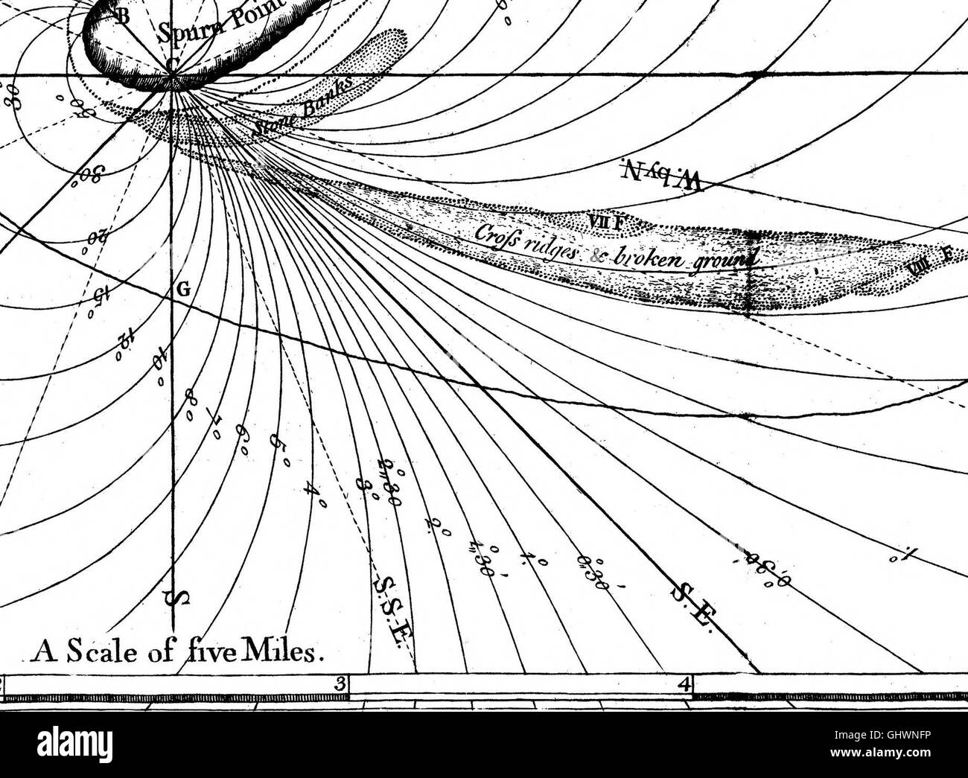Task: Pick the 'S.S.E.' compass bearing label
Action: click(393, 607)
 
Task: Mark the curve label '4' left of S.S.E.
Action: click(315, 494)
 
